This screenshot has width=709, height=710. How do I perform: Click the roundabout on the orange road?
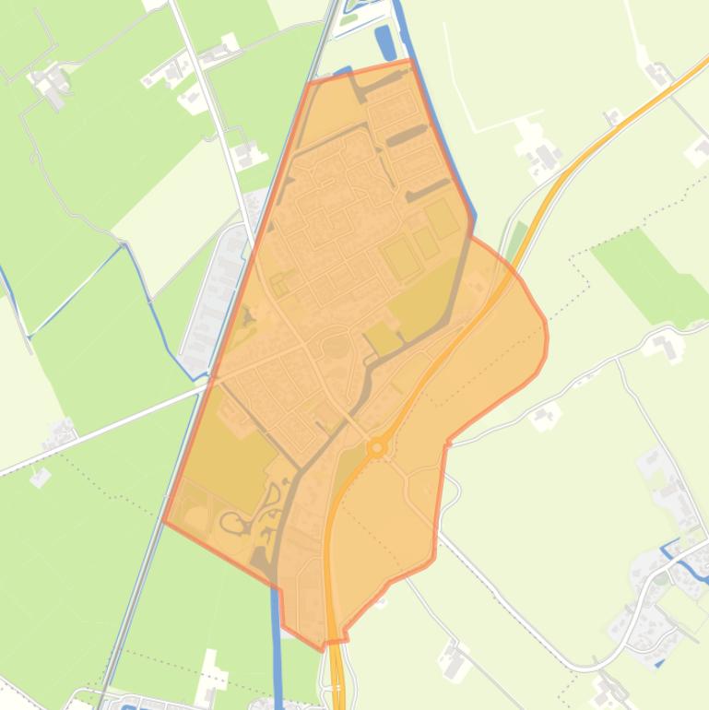(x=376, y=448)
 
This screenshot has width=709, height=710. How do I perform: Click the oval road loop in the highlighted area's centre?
(x=336, y=347)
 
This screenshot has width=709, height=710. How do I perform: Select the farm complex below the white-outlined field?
(x=539, y=152)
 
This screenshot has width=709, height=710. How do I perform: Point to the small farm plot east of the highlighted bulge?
(x=546, y=415)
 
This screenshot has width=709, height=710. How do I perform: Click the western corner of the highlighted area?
(x=164, y=521)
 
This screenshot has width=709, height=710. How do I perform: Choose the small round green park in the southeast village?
(x=660, y=581)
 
